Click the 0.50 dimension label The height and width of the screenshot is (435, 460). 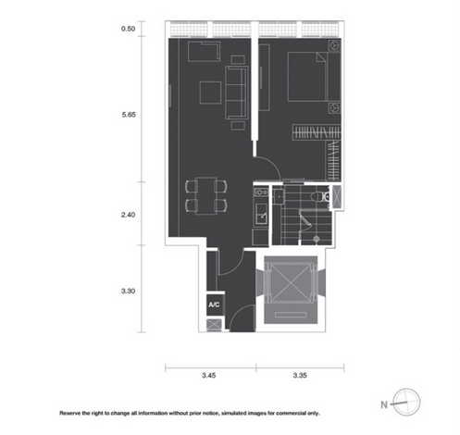coord(129,30)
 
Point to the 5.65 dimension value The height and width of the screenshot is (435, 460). coord(129,116)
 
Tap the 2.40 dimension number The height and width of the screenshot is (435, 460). coord(129,215)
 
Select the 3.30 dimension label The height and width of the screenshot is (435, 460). coord(129,291)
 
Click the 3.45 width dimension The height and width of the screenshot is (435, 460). coord(209,377)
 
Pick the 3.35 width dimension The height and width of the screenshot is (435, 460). coord(300,377)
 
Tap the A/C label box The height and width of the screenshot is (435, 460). coord(214,304)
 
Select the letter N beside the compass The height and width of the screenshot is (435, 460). coord(383,404)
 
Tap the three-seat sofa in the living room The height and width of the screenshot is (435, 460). coord(237,91)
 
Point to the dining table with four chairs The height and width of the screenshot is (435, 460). coord(205,195)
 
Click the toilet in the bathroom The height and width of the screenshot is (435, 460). coord(317,196)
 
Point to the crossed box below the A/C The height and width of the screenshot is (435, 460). coord(214,325)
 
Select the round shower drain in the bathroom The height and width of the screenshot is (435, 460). coord(317,240)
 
